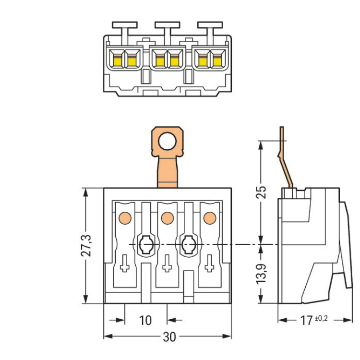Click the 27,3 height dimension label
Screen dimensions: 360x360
tap(87, 245)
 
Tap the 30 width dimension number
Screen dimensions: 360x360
tap(169, 337)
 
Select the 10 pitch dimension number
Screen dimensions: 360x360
tap(145, 320)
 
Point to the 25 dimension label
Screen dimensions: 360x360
tap(261, 192)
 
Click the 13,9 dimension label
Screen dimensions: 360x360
tap(261, 274)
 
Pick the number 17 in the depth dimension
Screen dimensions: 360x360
tap(307, 321)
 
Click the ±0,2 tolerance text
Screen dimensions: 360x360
tap(321, 318)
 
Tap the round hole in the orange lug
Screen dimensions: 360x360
tap(168, 142)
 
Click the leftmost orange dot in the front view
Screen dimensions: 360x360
tap(125, 218)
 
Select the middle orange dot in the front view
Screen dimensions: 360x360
tap(168, 218)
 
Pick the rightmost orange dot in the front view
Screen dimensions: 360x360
tap(210, 218)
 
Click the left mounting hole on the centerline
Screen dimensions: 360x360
tap(145, 245)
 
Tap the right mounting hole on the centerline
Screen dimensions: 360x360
tap(188, 245)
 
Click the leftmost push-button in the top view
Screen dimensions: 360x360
tap(125, 33)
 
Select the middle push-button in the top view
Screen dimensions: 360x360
tap(168, 33)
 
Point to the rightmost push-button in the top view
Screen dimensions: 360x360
tap(210, 33)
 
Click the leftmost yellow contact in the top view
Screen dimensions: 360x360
tap(118, 60)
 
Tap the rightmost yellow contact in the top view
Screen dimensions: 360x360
tap(217, 60)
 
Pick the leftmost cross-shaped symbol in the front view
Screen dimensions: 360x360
tap(125, 264)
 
